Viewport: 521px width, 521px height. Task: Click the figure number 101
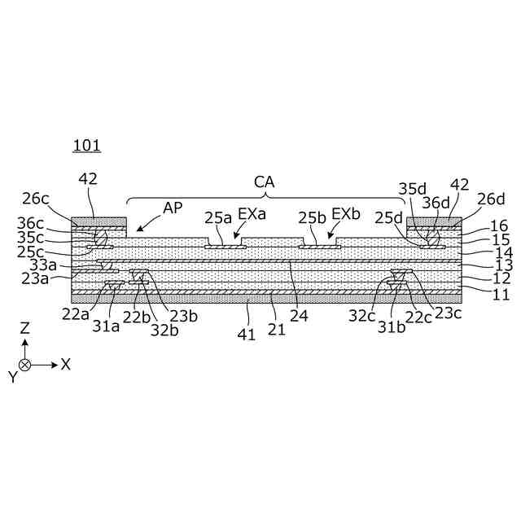point(85,146)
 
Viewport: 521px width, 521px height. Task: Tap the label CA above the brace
point(265,182)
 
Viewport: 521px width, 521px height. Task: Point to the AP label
point(173,207)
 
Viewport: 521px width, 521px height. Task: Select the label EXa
point(249,217)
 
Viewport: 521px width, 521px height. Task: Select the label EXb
point(346,217)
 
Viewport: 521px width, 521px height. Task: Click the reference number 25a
point(217,217)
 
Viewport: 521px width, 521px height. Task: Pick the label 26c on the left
point(37,198)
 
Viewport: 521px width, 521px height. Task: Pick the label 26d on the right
point(490,198)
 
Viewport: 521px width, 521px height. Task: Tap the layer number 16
point(499,225)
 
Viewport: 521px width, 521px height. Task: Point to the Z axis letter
point(25,327)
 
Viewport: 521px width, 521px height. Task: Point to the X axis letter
point(66,365)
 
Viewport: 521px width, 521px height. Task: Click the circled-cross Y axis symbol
point(26,365)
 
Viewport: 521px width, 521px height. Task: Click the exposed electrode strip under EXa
point(225,246)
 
